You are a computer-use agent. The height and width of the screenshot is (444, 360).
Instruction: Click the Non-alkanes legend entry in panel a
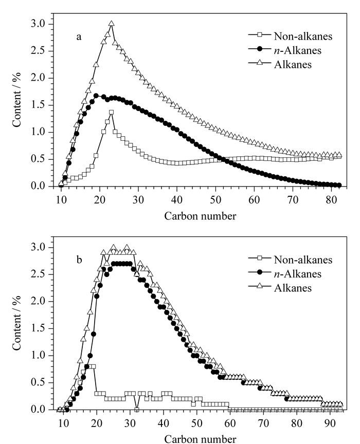pos(290,36)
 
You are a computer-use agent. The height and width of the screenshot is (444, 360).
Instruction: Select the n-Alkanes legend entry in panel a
pos(284,50)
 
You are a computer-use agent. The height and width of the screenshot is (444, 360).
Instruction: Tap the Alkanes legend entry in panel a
pos(280,64)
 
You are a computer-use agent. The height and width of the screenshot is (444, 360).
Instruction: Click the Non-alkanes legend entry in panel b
pos(290,260)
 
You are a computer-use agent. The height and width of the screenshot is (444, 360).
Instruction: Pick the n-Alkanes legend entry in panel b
pos(284,273)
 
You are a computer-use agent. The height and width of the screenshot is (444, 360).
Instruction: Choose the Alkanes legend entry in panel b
pos(280,288)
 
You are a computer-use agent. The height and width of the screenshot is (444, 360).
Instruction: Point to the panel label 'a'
pos(79,37)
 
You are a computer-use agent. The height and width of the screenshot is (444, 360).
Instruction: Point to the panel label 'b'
pos(79,259)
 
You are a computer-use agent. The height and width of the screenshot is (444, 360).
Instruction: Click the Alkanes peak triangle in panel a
pos(112,24)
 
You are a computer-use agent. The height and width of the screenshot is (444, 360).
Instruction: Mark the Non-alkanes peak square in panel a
pos(112,112)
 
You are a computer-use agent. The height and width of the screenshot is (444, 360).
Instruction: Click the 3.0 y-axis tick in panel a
pos(38,24)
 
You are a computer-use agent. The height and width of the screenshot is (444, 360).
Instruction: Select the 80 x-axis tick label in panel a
pos(331,200)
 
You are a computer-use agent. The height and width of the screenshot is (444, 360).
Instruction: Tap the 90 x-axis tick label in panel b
pos(330,423)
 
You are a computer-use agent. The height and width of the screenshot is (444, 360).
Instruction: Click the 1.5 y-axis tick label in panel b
pos(38,328)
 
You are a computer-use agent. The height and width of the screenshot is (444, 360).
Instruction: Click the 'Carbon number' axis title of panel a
pos(200,216)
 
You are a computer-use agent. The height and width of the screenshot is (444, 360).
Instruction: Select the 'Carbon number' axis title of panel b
pos(200,439)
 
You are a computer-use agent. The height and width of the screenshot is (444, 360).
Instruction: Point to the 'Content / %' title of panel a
pos(17,100)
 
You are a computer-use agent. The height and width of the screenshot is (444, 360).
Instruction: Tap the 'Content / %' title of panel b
pos(17,323)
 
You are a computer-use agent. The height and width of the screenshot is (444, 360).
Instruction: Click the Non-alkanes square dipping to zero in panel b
pos(137,410)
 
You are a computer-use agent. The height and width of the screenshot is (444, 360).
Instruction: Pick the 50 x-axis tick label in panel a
pos(215,200)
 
